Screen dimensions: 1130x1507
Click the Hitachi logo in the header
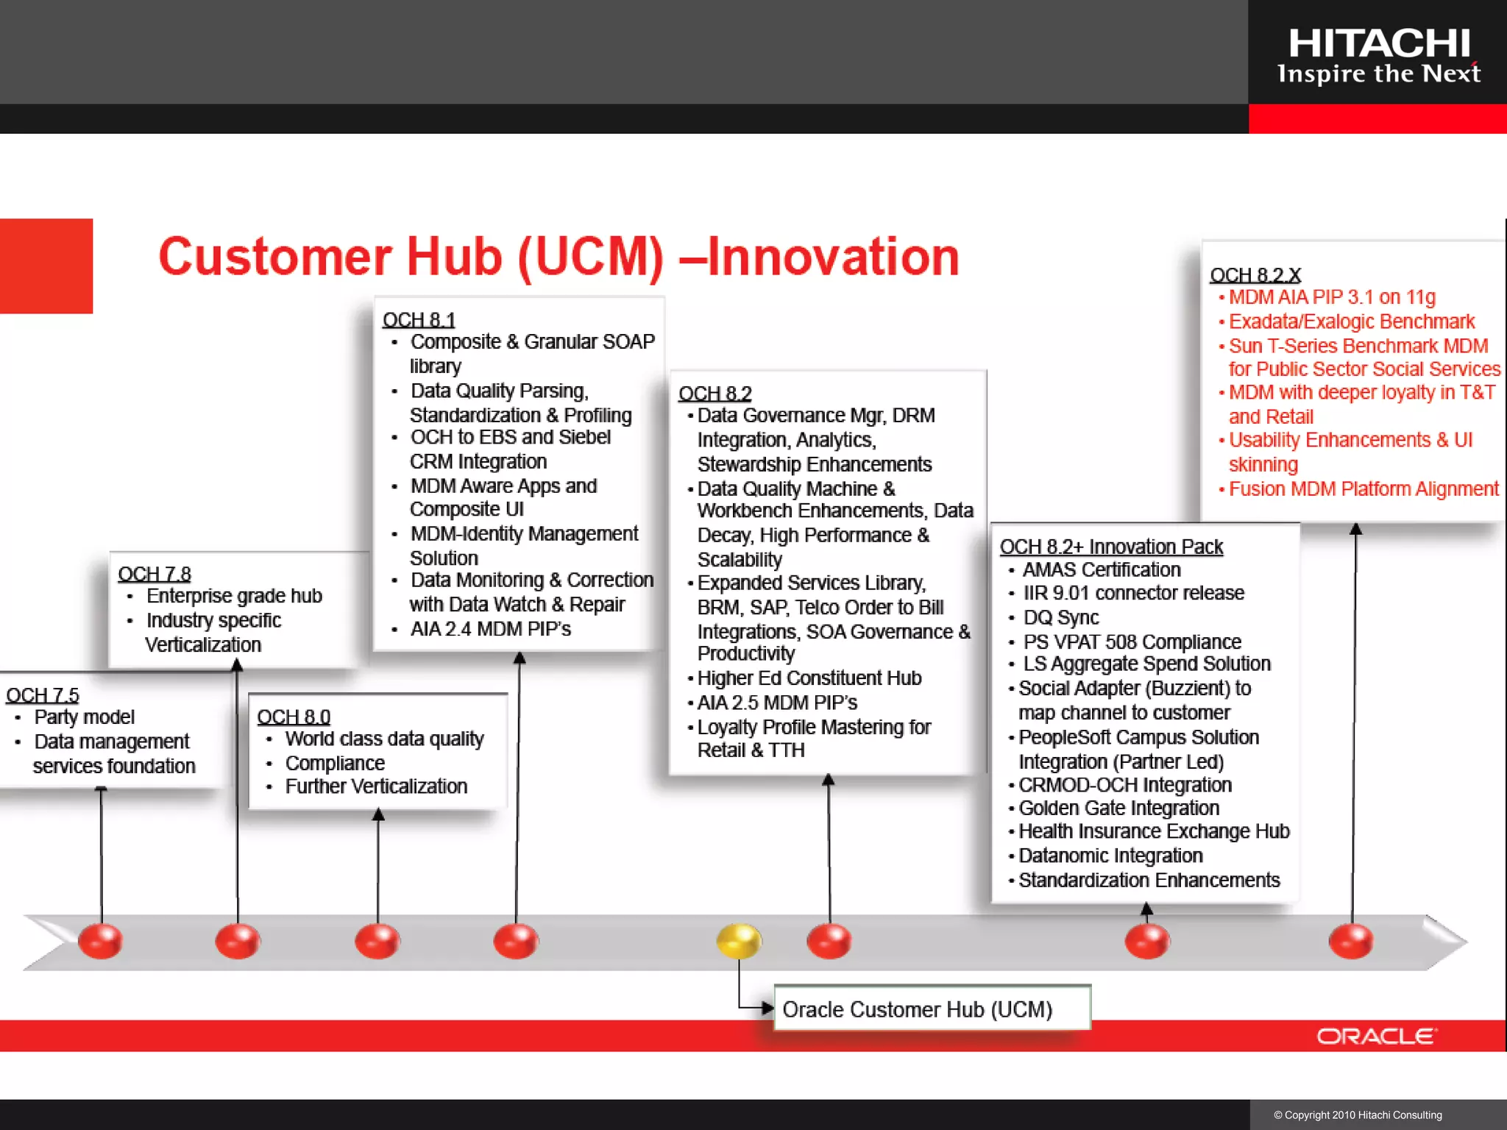[x=1378, y=55]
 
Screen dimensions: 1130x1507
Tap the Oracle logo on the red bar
[x=1375, y=1036]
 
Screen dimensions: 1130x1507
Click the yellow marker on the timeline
[x=739, y=941]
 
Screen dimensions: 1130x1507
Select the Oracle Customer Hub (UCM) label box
[x=932, y=1009]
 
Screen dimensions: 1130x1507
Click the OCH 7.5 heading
[x=43, y=695]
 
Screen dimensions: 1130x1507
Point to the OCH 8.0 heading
[x=294, y=717]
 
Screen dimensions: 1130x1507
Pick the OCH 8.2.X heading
[x=1255, y=275]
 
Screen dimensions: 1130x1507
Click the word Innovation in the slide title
[x=833, y=257]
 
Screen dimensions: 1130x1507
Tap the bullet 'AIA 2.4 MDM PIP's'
[x=490, y=629]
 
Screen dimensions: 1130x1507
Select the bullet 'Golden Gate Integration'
[x=1118, y=808]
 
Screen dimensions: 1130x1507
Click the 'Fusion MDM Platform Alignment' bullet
[x=1363, y=489]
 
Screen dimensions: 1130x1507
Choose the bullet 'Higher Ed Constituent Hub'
[x=809, y=678]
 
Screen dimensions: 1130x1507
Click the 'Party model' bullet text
[x=84, y=717]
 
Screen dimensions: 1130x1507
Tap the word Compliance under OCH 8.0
[x=335, y=763]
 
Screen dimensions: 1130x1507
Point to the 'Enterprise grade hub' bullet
[x=234, y=596]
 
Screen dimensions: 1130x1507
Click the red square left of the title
[x=46, y=266]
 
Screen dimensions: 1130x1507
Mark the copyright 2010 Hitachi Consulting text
[x=1358, y=1115]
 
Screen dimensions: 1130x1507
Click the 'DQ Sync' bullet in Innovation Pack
[x=1060, y=618]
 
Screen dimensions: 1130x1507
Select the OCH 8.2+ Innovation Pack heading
[x=1111, y=547]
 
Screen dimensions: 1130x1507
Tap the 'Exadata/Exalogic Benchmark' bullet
[x=1351, y=321]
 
